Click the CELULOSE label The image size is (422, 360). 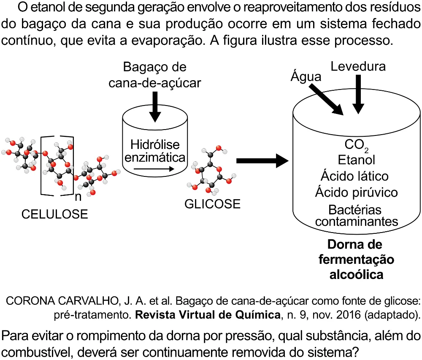click(54, 214)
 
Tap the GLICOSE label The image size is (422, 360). click(212, 204)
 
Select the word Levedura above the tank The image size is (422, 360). click(358, 66)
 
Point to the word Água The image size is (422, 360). click(306, 76)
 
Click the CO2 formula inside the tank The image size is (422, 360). click(357, 145)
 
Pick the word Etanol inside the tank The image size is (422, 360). click(356, 160)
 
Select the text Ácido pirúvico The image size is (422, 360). click(356, 192)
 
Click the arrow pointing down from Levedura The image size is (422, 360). click(358, 95)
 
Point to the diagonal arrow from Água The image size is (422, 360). click(326, 100)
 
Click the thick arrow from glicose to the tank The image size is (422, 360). click(262, 161)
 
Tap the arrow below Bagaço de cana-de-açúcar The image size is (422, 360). click(155, 107)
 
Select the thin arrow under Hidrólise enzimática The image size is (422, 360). click(154, 169)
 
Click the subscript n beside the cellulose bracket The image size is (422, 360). click(78, 197)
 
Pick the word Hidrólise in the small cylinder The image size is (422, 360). click(155, 145)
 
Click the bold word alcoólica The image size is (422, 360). click(356, 275)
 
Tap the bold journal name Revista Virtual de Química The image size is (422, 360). click(208, 314)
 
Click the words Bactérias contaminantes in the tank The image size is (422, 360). click(356, 216)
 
